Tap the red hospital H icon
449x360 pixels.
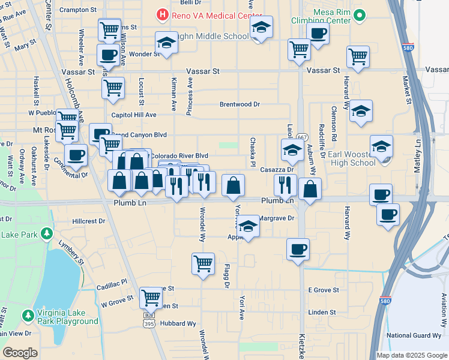161,13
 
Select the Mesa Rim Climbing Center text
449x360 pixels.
332,16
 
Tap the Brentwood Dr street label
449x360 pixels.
240,104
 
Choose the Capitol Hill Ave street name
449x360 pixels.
133,115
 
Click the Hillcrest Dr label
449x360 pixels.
88,221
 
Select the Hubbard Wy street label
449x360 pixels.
178,323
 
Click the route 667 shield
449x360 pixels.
301,137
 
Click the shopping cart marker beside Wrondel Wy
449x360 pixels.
203,263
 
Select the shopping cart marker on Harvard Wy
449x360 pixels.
358,56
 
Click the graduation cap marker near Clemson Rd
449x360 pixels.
361,111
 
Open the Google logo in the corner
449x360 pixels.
20,353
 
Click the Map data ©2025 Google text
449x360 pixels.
412,355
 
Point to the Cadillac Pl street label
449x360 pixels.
112,281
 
